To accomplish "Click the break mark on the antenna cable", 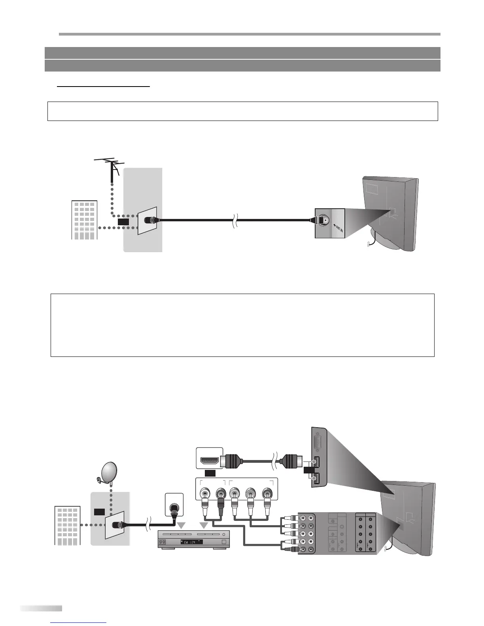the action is coord(235,220).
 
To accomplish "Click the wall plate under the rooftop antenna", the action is coord(147,220).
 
